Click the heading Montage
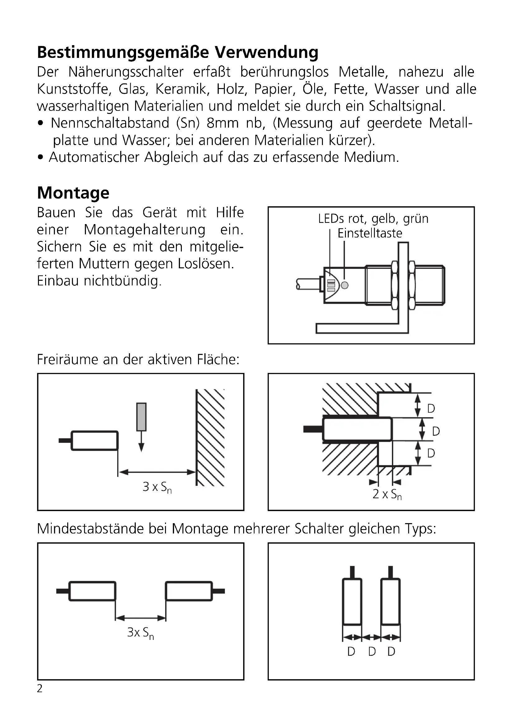click(73, 193)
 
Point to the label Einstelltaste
click(370, 233)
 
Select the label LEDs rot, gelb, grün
click(373, 219)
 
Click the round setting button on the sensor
click(345, 285)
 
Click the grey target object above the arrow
click(141, 417)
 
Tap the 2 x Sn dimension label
click(387, 494)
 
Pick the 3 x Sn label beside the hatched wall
click(157, 487)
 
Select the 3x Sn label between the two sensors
click(140, 633)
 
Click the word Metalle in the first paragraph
click(363, 72)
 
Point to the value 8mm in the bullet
click(222, 123)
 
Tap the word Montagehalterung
click(144, 230)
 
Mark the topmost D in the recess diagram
click(431, 409)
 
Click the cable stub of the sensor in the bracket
click(308, 284)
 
